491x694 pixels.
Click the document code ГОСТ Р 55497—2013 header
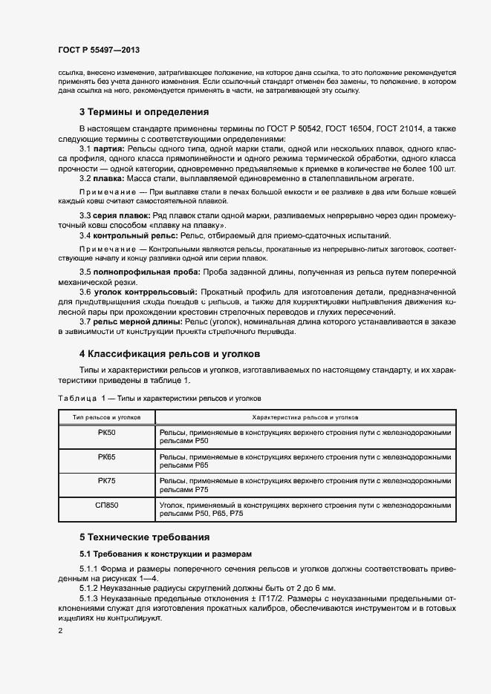[x=99, y=50]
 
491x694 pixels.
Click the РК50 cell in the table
[x=106, y=432]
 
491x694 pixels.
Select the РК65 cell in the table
[x=106, y=456]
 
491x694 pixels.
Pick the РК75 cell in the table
[x=106, y=481]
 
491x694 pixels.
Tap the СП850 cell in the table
[x=106, y=505]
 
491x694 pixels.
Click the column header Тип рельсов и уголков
[x=106, y=418]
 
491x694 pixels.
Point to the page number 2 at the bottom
[x=59, y=631]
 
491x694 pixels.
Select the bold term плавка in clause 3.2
[x=107, y=178]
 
